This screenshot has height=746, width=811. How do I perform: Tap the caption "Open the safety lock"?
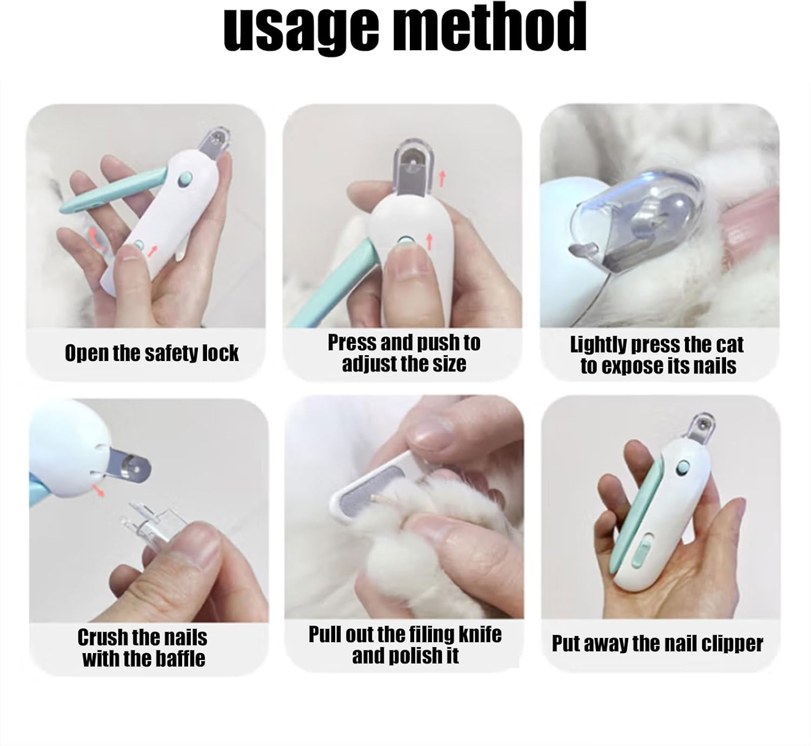(x=151, y=354)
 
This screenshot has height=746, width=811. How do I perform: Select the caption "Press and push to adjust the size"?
(x=404, y=353)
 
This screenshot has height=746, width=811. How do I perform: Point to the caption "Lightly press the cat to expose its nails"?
(x=657, y=355)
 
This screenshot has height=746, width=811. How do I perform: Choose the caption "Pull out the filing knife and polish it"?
(x=405, y=644)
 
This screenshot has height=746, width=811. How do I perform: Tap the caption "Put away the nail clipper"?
(x=657, y=644)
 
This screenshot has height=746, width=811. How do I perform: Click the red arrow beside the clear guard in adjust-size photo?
(x=442, y=177)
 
